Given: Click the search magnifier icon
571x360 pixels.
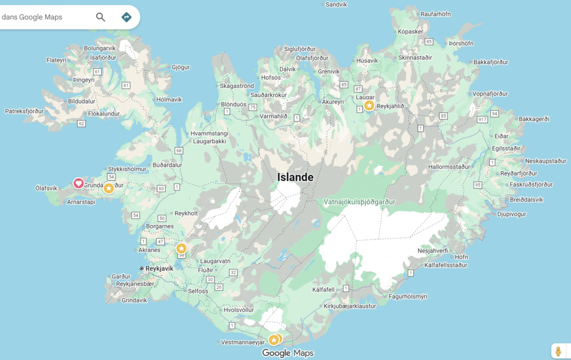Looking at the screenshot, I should pyautogui.click(x=100, y=17).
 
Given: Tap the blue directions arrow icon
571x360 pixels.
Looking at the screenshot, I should pyautogui.click(x=127, y=17).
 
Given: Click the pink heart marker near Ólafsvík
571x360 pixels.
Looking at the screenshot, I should pyautogui.click(x=79, y=183).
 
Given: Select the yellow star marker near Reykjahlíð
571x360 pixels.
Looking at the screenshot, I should pyautogui.click(x=369, y=105).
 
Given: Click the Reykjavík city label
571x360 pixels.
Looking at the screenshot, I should pyautogui.click(x=159, y=268).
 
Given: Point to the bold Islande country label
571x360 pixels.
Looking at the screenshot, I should pyautogui.click(x=296, y=177).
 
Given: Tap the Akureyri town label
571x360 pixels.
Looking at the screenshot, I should pyautogui.click(x=333, y=102).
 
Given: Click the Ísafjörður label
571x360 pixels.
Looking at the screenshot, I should pyautogui.click(x=103, y=57).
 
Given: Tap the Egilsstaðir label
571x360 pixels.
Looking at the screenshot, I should pyautogui.click(x=506, y=148).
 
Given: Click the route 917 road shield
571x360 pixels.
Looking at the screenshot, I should pyautogui.click(x=482, y=119).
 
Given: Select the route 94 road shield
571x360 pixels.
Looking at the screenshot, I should pyautogui.click(x=494, y=114).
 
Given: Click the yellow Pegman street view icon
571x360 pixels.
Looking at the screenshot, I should pyautogui.click(x=558, y=351).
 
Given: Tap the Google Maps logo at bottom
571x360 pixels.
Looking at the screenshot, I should pyautogui.click(x=288, y=353).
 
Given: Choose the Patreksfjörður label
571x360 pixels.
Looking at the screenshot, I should pyautogui.click(x=24, y=111).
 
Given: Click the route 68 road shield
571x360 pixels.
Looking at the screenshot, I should pyautogui.click(x=178, y=150).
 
